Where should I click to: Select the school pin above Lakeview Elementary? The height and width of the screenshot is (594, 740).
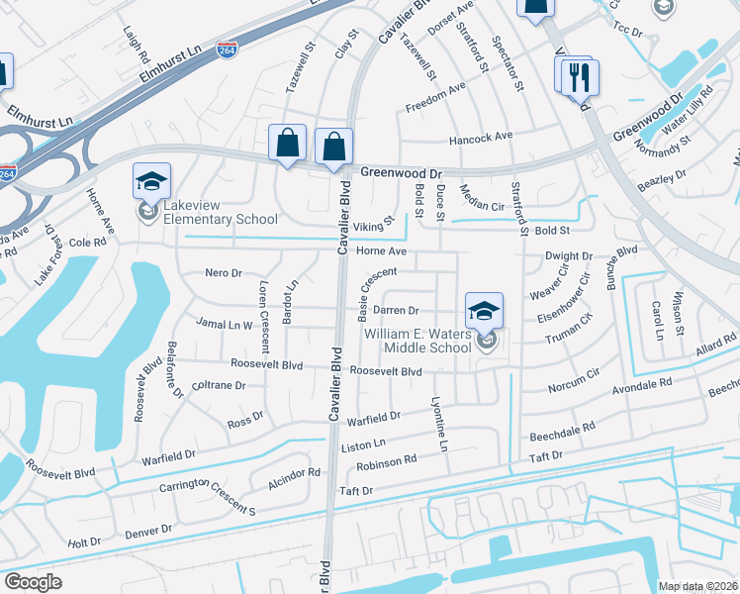pos(151,182)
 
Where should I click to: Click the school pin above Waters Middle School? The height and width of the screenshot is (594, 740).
pos(484,311)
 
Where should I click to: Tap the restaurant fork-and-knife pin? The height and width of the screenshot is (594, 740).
pos(578,76)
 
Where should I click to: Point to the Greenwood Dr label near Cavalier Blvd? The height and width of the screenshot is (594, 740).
pos(399,171)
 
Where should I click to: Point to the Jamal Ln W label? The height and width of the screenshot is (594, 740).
pos(225,324)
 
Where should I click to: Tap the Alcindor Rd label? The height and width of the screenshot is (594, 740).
pos(295,474)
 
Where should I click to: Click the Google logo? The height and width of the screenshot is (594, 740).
pos(33,581)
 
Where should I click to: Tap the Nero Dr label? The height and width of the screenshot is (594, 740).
pos(223,271)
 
